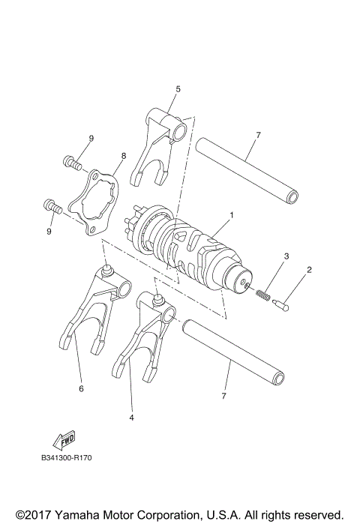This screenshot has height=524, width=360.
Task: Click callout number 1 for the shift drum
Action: [232, 215]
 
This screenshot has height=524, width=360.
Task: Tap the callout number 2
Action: [309, 269]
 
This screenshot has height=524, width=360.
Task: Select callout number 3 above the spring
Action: [286, 257]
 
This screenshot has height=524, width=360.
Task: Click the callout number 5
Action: [178, 89]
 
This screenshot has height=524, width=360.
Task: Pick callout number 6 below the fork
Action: [80, 388]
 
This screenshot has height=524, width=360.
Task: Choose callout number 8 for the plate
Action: [124, 156]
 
